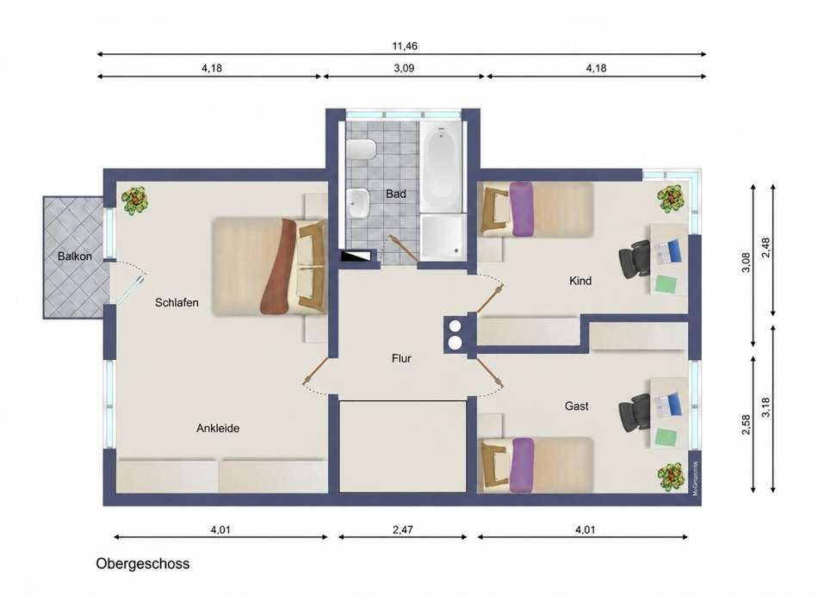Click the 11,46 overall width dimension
tap(405, 46)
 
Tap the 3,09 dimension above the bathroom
tap(405, 68)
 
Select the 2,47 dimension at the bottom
tap(403, 530)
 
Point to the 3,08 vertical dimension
tap(746, 263)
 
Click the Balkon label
tap(75, 257)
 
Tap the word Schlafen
tap(177, 302)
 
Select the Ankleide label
tap(218, 428)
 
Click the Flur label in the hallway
tap(402, 358)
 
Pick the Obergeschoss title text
tap(142, 564)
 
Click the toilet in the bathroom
tap(362, 150)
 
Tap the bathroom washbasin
tap(358, 204)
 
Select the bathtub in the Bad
tap(442, 167)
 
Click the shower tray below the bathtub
tap(443, 237)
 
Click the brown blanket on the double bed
tap(280, 267)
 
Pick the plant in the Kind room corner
tap(671, 198)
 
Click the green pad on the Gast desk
tap(666, 437)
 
